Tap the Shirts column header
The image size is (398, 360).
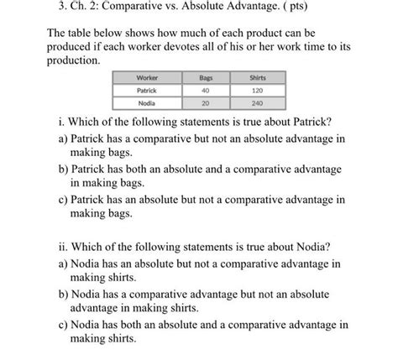tap(259, 77)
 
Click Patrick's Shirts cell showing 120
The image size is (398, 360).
tap(259, 90)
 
